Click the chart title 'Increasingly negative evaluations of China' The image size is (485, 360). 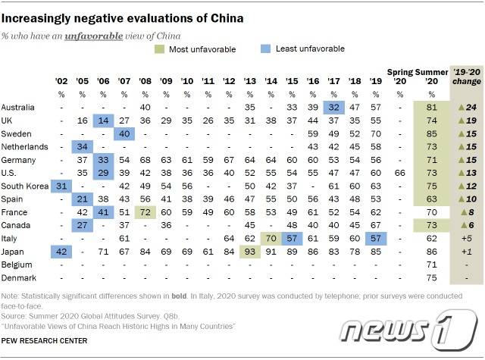coord(122,18)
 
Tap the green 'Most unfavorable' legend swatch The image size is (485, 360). coord(159,49)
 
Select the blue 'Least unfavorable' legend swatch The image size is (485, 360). coord(265,49)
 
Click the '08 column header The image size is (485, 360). coord(145,81)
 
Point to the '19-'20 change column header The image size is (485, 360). coord(467,77)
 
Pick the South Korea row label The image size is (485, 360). coord(25,186)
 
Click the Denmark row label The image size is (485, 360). coord(18,278)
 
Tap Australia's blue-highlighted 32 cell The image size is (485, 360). coord(334,108)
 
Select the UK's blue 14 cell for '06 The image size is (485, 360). coord(103,121)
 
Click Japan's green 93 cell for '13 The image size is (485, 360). coord(250,252)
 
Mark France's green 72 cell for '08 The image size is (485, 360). coord(145,212)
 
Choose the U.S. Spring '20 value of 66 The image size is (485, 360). coord(400,173)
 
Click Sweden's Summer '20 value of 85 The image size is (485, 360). coord(431,133)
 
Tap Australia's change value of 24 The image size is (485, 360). coord(467,108)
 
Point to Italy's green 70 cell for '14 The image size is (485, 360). coord(271,239)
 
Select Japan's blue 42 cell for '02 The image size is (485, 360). coord(61,252)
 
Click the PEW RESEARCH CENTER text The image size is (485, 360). coord(44,341)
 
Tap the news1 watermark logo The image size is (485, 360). coord(408,330)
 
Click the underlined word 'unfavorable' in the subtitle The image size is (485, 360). coord(94,36)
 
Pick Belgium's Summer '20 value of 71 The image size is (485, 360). coord(431,265)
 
